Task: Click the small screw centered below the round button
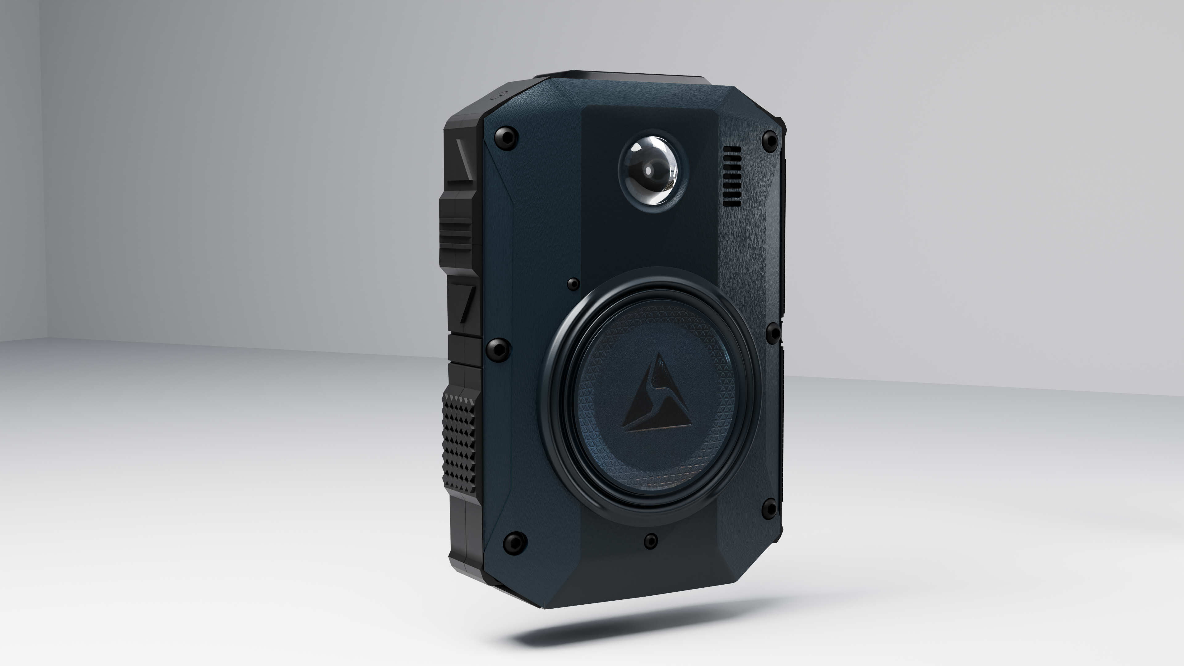click(650, 541)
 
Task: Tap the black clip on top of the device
click(639, 77)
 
